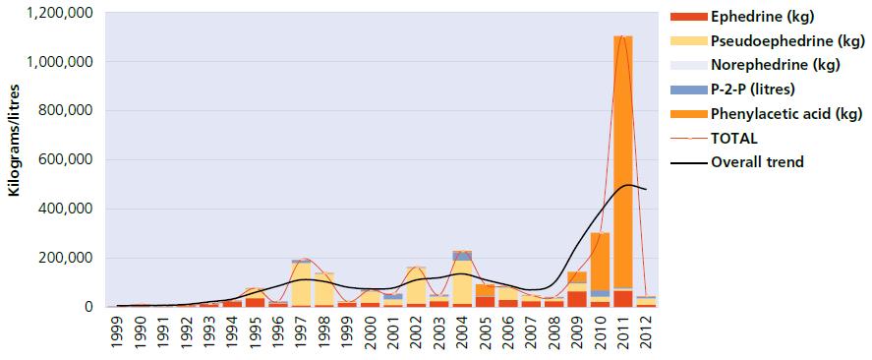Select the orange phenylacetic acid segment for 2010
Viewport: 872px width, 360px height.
[600, 262]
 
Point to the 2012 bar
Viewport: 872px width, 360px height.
[646, 301]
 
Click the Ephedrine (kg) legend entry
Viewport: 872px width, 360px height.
[742, 17]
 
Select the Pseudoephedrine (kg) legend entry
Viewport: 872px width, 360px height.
[768, 41]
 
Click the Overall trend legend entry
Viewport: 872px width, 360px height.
[737, 162]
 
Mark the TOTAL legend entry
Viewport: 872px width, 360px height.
[706, 138]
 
